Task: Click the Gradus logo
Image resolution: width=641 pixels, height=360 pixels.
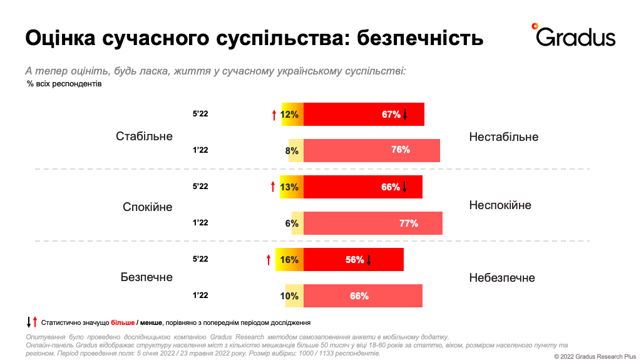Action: pos(573,36)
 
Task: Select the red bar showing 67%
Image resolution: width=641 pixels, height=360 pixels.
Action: pos(364,115)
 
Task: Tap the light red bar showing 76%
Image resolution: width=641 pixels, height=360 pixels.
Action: pos(372,150)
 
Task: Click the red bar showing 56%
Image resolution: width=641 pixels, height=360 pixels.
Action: pos(354,259)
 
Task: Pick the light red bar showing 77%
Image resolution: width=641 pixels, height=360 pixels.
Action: pos(373,223)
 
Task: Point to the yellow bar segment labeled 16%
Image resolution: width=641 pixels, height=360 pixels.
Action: pos(289,259)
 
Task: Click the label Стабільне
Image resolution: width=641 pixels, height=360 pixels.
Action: pos(144,136)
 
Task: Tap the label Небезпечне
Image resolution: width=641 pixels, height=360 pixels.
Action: pos(502,278)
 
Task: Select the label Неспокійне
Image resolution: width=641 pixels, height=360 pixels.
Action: pos(500,205)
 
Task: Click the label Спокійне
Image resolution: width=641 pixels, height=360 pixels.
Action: pos(147,207)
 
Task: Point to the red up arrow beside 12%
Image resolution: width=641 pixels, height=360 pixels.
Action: pos(274,115)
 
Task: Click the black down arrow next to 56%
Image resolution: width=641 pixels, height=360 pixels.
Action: pos(369,260)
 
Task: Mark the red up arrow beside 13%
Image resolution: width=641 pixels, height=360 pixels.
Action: pos(272,187)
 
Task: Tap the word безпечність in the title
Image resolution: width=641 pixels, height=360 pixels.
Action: pos(419,38)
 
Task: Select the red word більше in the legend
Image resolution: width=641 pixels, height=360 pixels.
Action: pos(123,322)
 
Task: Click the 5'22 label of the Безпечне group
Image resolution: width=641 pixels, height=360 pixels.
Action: pos(200,259)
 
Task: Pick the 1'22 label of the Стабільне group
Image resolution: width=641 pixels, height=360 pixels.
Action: pos(200,150)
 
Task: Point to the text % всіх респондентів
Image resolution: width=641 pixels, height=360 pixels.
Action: pos(64,84)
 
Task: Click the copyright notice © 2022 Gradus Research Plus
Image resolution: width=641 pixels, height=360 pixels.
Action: pos(594,356)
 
